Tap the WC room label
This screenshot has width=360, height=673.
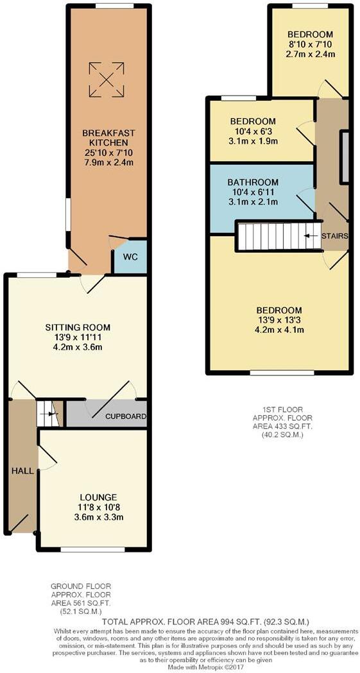pyautogui.click(x=131, y=258)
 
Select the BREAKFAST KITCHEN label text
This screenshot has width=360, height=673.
pyautogui.click(x=108, y=138)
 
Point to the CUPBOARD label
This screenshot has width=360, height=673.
pyautogui.click(x=126, y=416)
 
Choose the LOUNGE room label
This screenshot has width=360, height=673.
pyautogui.click(x=98, y=497)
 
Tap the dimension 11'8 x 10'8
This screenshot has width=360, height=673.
pyautogui.click(x=98, y=507)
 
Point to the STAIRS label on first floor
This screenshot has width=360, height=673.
pyautogui.click(x=335, y=236)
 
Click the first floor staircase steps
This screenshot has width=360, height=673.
pyautogui.click(x=270, y=235)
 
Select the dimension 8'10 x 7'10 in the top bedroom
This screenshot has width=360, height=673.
pyautogui.click(x=310, y=44)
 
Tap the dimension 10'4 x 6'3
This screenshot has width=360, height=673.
pyautogui.click(x=253, y=131)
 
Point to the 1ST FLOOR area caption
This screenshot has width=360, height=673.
pyautogui.click(x=278, y=421)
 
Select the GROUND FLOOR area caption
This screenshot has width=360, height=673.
pyautogui.click(x=80, y=598)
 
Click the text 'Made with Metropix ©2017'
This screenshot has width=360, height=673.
pyautogui.click(x=179, y=668)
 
